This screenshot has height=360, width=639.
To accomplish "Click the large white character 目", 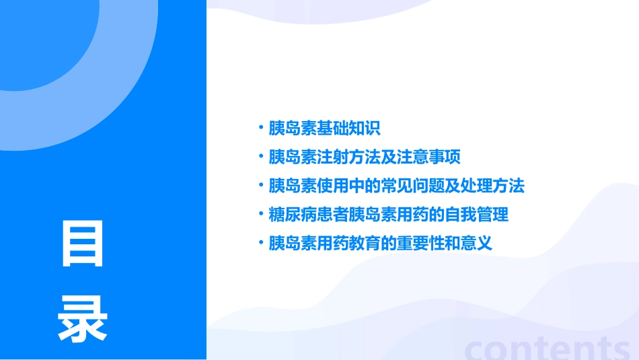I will pyautogui.click(x=83, y=243).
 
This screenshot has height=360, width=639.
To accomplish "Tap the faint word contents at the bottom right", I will pyautogui.click(x=548, y=349).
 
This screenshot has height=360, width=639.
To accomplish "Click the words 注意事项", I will pyautogui.click(x=429, y=157).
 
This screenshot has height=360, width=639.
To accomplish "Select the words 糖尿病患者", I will pyautogui.click(x=301, y=215).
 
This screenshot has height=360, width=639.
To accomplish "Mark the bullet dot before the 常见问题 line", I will pyautogui.click(x=261, y=184).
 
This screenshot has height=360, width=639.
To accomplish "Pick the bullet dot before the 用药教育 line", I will pyautogui.click(x=261, y=242).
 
